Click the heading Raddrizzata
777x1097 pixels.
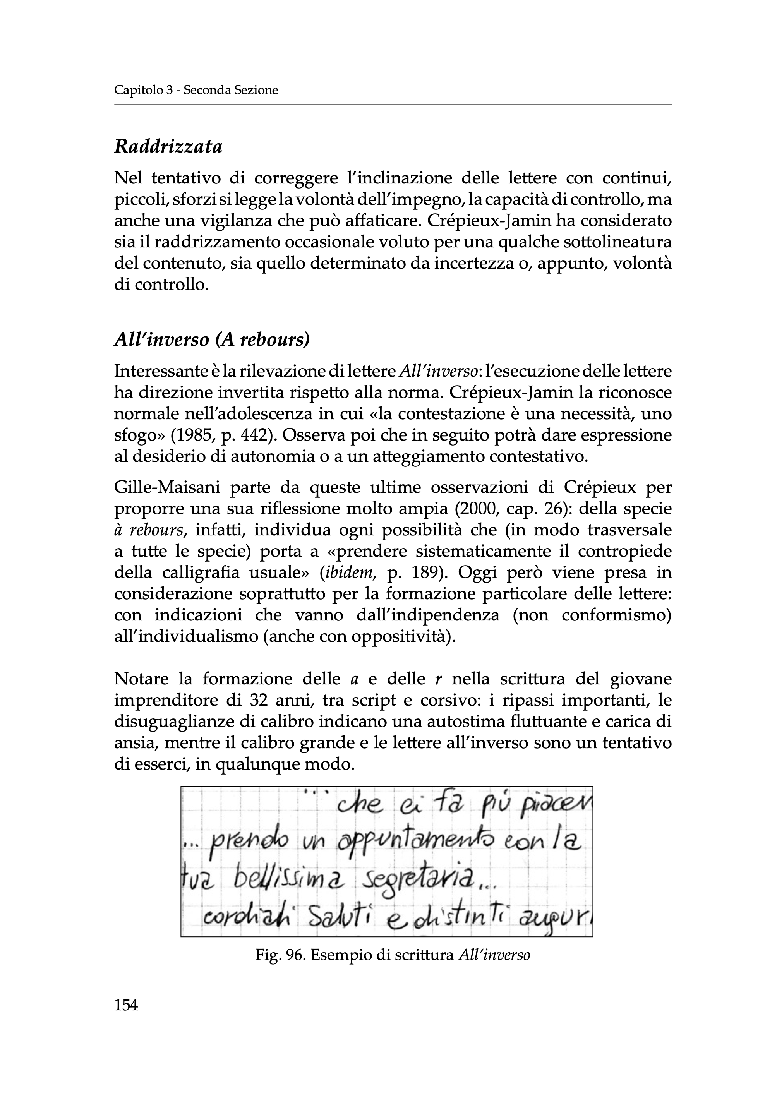pyautogui.click(x=168, y=147)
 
